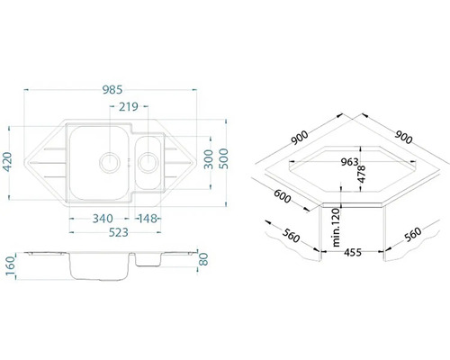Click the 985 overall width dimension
(x=112, y=90)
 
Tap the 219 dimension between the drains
(x=129, y=106)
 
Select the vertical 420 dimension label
(x=7, y=162)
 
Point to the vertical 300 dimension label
(x=208, y=159)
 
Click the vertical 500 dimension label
(x=223, y=158)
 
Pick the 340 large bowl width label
(x=103, y=219)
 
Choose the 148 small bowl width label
(x=148, y=219)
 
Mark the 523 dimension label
(x=118, y=232)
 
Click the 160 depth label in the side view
(x=10, y=267)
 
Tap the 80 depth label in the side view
(x=203, y=259)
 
